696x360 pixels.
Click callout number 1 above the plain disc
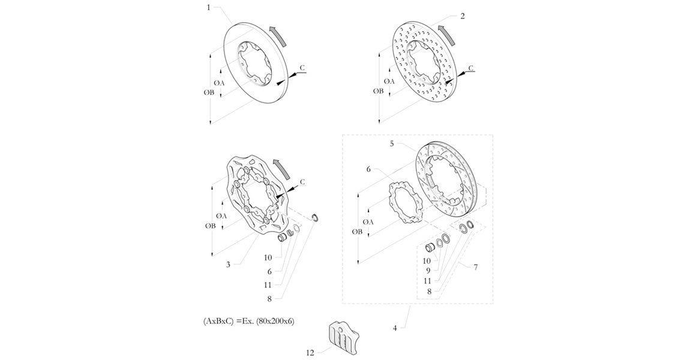[x=209, y=8]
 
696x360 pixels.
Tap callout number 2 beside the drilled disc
[x=463, y=16]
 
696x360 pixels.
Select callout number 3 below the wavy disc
[x=228, y=265]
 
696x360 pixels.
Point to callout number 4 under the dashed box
[x=394, y=328]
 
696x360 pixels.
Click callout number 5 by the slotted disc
[x=392, y=143]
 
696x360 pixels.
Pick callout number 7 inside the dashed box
[x=475, y=267]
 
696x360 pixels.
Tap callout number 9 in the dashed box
[x=428, y=271]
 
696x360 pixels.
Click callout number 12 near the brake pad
[x=310, y=353]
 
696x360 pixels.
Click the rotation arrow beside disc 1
[x=278, y=36]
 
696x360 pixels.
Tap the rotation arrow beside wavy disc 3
[x=279, y=168]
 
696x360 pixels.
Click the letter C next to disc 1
[x=302, y=68]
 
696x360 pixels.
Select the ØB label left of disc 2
[x=378, y=91]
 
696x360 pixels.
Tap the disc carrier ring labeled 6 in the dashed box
[x=405, y=202]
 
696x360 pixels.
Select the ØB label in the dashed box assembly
[x=358, y=232]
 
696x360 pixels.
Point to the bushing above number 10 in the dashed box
[x=429, y=247]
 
